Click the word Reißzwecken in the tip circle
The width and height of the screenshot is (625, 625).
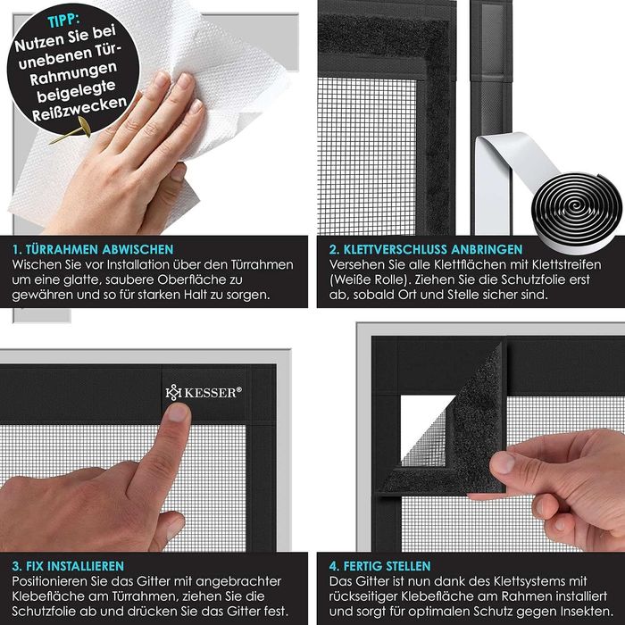[x=79, y=108]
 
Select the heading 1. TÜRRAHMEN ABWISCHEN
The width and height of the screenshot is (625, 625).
[x=93, y=249]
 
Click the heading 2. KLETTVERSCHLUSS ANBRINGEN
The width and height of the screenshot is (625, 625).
[x=425, y=249]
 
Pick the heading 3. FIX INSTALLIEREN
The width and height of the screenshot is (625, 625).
[x=68, y=566]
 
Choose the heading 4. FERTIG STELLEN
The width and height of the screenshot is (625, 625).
[x=379, y=566]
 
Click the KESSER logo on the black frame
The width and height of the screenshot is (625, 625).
[x=204, y=393]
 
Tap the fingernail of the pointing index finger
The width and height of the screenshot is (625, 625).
[x=178, y=412]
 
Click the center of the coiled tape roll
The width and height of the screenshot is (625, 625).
[x=577, y=205]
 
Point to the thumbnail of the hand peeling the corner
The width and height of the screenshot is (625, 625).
[x=503, y=463]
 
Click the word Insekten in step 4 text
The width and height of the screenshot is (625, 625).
[x=587, y=612]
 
